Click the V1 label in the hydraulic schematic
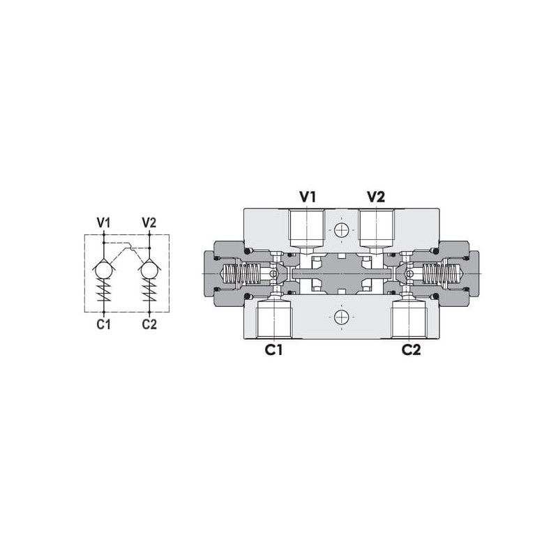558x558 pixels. point(103,223)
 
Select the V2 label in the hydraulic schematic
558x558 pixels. point(149,223)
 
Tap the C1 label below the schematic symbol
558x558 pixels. point(103,324)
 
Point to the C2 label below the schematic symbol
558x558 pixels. point(149,324)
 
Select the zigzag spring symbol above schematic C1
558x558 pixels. point(103,289)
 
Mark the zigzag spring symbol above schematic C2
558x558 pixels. point(149,289)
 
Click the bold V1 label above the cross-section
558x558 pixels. point(308,197)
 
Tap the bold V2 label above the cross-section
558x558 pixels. point(376,197)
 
